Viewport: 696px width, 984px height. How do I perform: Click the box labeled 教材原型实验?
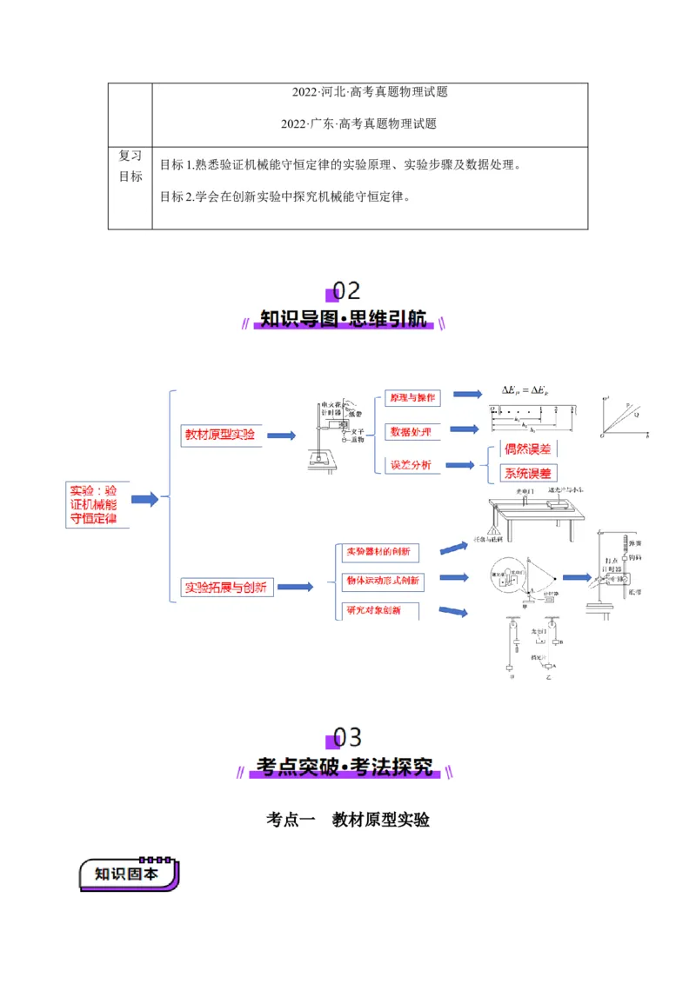pos(219,435)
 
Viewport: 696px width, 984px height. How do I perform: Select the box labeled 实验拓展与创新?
pos(225,588)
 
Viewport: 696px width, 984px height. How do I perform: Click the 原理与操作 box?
pos(413,398)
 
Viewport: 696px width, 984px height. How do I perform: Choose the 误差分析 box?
pos(411,465)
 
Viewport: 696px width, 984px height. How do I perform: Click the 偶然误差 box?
pos(528,449)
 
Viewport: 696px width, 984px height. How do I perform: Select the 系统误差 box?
pos(528,474)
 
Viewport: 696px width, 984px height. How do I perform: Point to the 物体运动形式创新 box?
pos(383,580)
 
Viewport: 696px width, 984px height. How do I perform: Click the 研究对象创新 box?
pos(374,610)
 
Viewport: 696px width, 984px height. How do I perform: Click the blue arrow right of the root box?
pos(144,499)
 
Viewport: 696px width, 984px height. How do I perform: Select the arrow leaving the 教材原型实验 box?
pos(281,435)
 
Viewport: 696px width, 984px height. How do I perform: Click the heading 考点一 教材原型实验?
pos(348,820)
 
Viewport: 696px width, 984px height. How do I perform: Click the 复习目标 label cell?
pos(130,166)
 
